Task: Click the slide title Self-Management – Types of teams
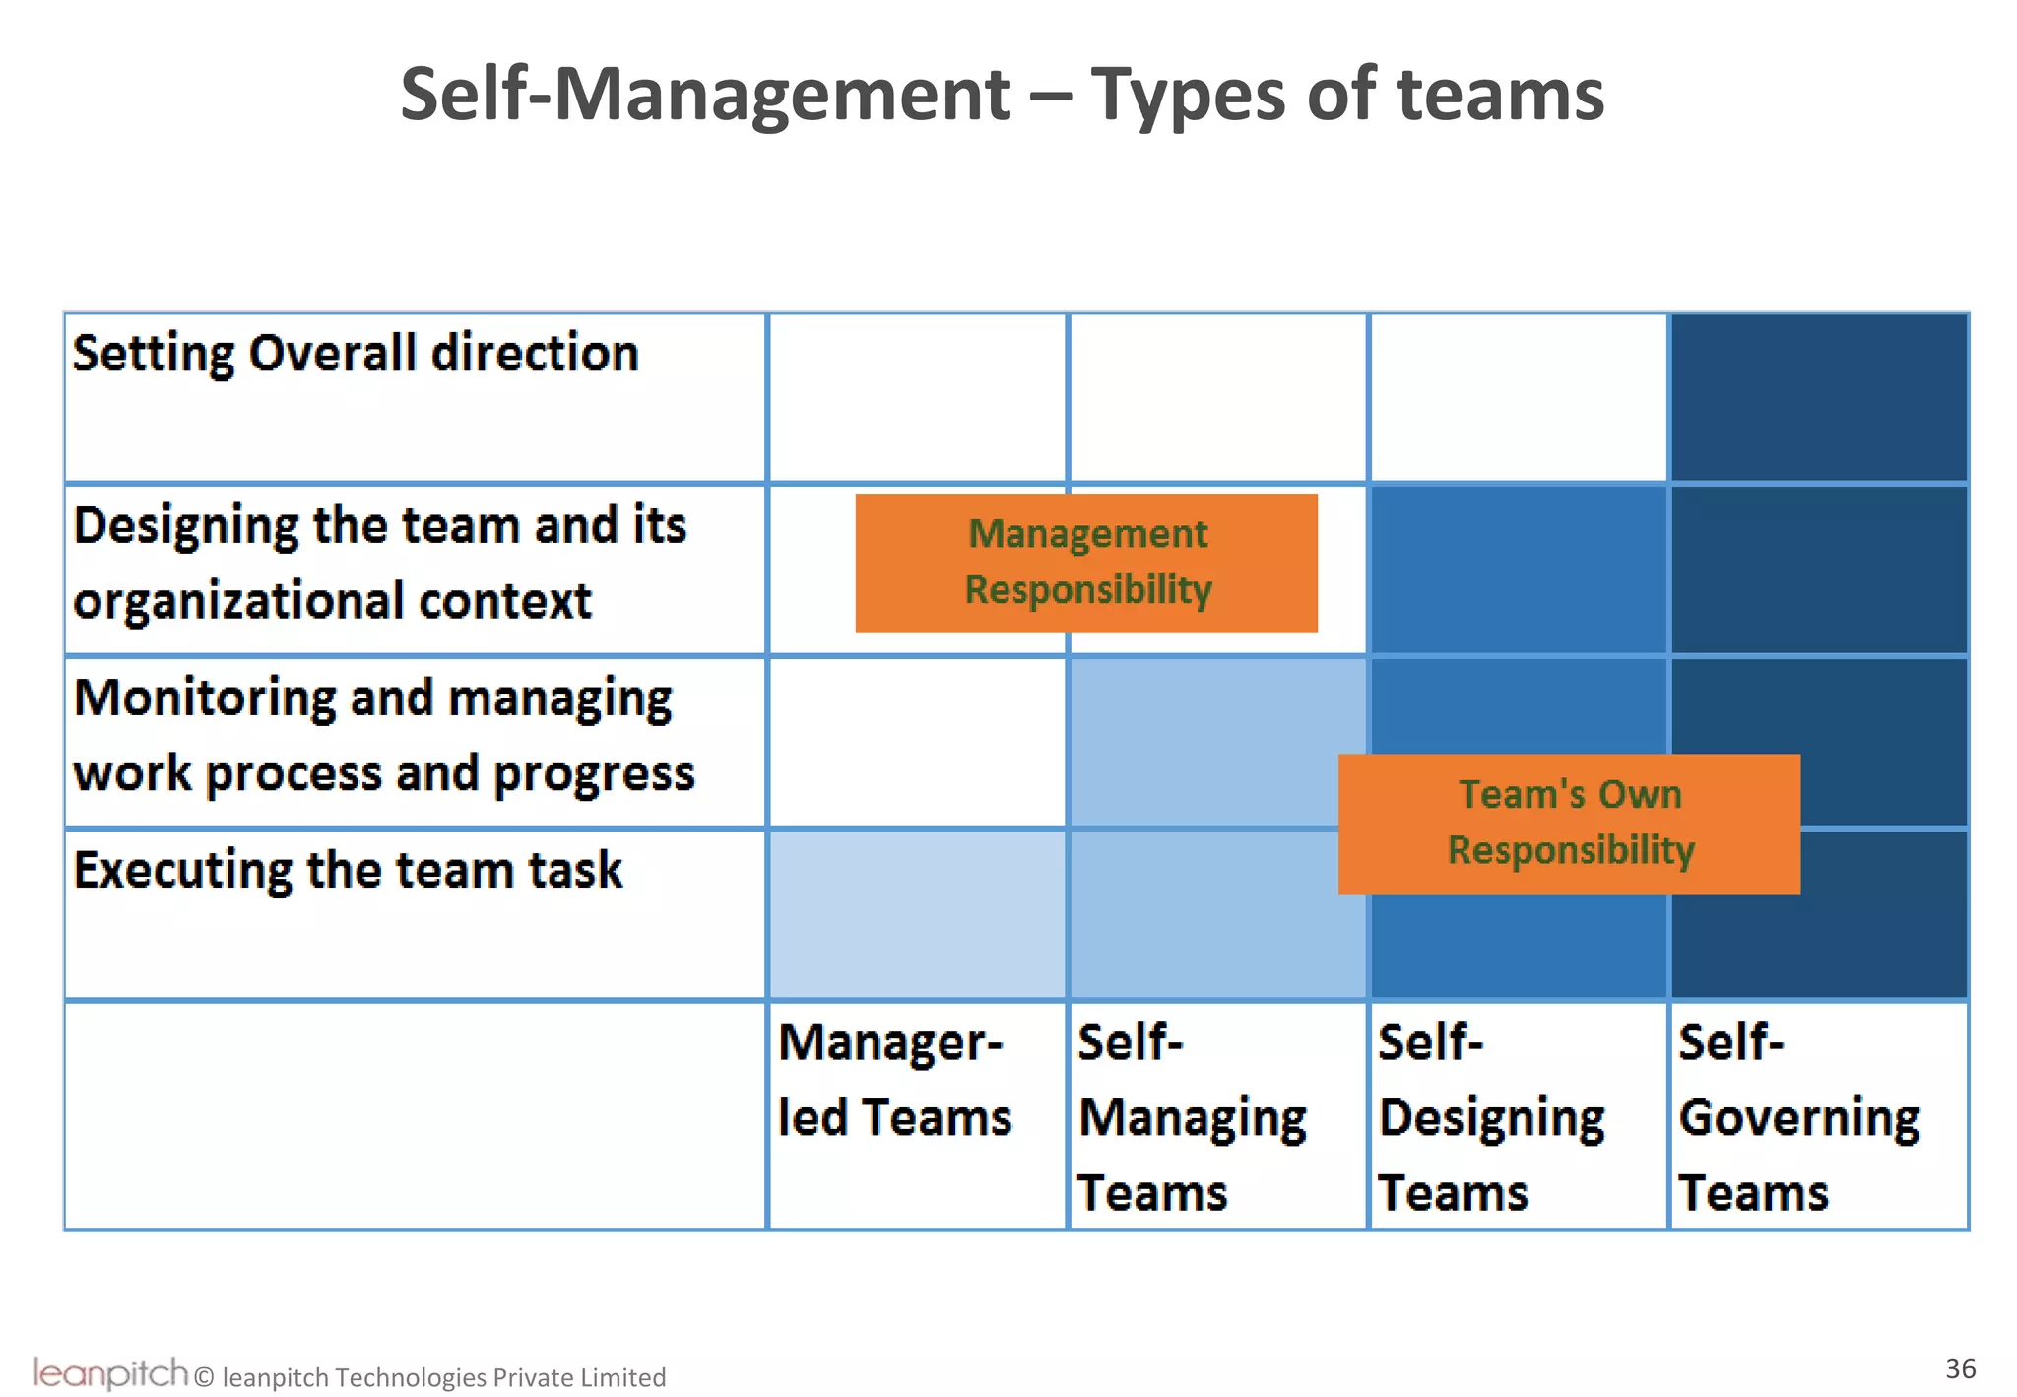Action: tap(1002, 95)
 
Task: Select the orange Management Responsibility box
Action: tap(1086, 563)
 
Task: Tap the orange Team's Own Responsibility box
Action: tap(1569, 824)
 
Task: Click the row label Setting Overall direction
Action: tap(356, 354)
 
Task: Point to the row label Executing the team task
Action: tap(348, 871)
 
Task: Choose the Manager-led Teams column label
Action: tap(894, 1080)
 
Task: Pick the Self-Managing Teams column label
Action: tap(1192, 1117)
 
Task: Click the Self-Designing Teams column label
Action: tap(1491, 1117)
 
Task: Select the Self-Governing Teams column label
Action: tap(1798, 1117)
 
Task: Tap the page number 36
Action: tap(1960, 1368)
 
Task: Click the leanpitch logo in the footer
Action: tap(109, 1372)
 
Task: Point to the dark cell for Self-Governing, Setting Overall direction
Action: tap(1819, 398)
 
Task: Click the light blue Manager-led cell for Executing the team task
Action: tap(917, 915)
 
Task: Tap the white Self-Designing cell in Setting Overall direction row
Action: tap(1518, 398)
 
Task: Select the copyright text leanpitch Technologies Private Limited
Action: tap(443, 1377)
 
